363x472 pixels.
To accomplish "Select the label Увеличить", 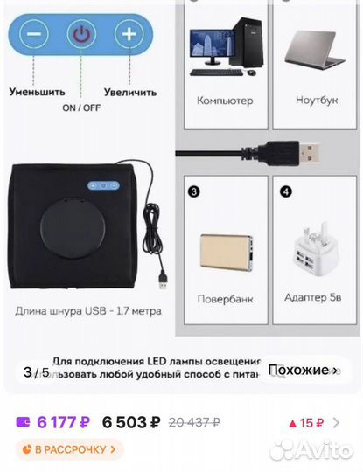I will [x=129, y=91].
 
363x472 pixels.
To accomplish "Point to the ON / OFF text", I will [x=81, y=108].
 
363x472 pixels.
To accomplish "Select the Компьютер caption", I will [x=225, y=101].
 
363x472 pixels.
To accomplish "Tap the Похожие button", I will [x=302, y=371].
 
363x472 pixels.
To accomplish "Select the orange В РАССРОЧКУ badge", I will [x=69, y=449].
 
